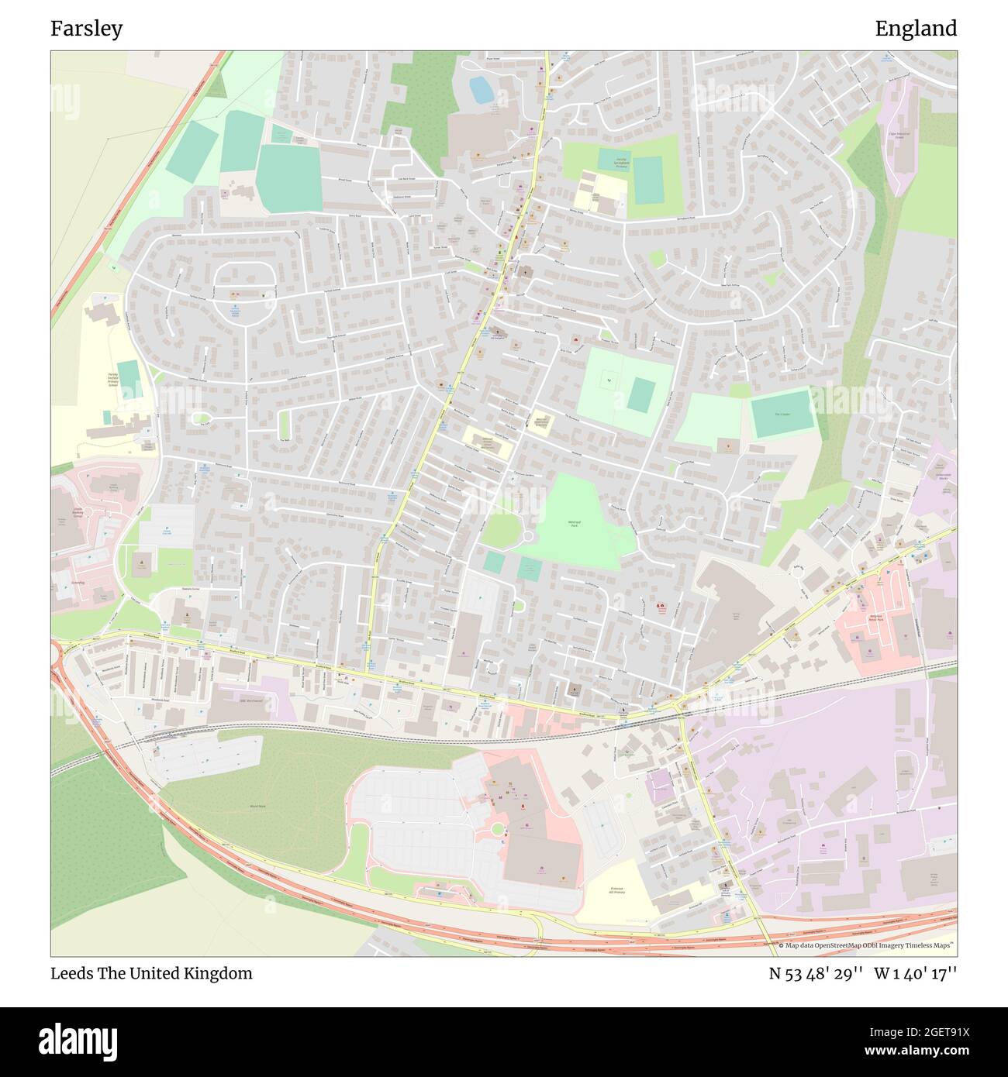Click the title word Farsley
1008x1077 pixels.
[x=86, y=29]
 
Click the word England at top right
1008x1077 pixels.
[x=916, y=29]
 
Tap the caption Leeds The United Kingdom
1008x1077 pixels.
[x=151, y=973]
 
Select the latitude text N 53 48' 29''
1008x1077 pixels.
[x=816, y=973]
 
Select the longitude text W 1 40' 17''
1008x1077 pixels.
[x=916, y=973]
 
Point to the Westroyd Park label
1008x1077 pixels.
[x=575, y=524]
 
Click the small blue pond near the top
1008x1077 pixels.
[x=481, y=91]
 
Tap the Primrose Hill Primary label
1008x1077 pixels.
[x=617, y=890]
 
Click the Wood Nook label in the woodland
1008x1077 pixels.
[x=257, y=806]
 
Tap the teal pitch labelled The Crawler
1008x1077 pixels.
[x=782, y=414]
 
